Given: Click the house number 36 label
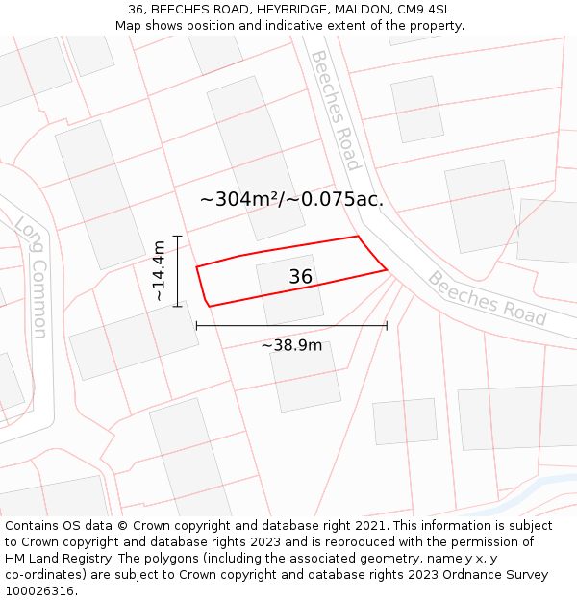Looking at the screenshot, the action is [x=301, y=277].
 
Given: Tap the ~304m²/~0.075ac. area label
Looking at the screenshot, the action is [x=291, y=200].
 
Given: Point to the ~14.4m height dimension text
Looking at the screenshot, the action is [x=159, y=271].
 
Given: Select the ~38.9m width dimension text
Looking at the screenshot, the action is [x=291, y=345].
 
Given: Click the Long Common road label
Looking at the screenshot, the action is [x=32, y=277].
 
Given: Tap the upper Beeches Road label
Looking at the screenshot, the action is [x=334, y=110].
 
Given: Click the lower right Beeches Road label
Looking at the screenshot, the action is [x=487, y=299].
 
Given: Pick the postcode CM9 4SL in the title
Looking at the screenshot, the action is [x=423, y=10].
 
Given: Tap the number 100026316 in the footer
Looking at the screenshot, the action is [x=38, y=591].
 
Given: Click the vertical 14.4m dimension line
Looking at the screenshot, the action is [x=177, y=271].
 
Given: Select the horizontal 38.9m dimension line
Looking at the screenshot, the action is [x=291, y=326].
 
